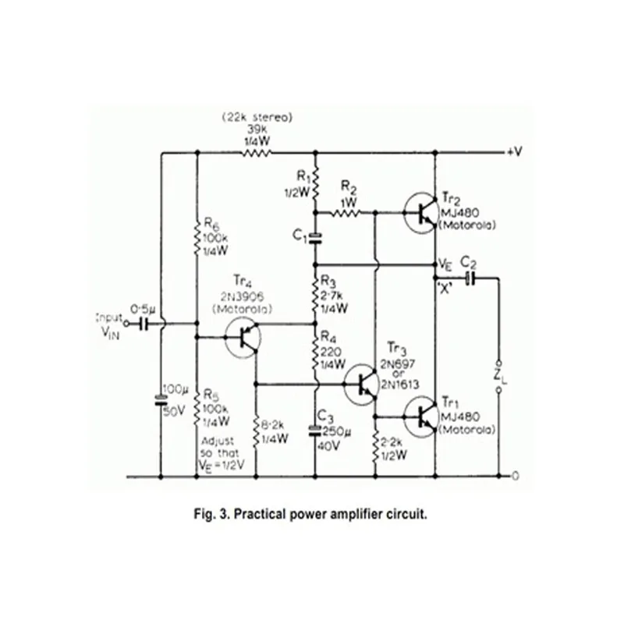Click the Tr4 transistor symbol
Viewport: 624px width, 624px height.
[243, 338]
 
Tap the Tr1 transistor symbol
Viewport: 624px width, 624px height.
[422, 417]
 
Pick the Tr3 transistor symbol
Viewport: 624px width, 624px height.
[361, 384]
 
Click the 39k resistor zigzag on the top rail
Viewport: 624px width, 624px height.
[257, 152]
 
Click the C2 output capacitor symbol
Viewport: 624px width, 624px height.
[470, 278]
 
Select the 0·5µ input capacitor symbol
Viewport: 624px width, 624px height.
[144, 324]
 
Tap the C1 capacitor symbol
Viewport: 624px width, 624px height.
[315, 239]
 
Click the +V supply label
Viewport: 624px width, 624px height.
[515, 151]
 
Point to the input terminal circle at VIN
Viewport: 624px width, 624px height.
[126, 324]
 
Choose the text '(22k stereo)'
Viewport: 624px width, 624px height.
[257, 118]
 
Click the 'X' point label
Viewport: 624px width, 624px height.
[445, 287]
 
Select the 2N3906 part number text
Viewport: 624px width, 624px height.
[243, 297]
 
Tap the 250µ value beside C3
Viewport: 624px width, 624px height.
[337, 432]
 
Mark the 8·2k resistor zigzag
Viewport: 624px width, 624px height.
[257, 432]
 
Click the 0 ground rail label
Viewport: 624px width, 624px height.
[516, 476]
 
